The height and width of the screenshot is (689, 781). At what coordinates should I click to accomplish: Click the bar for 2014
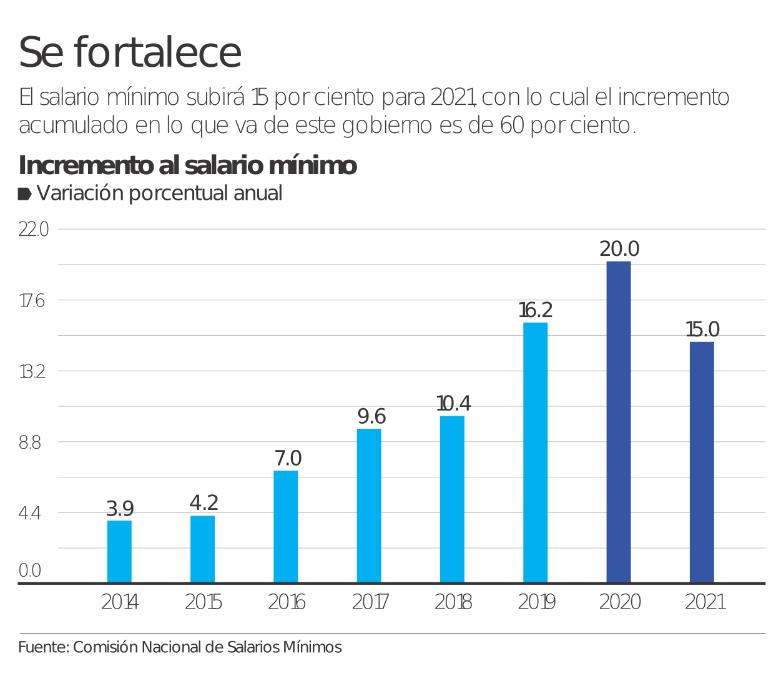point(119,552)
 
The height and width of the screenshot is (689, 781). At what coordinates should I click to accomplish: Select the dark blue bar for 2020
point(619,422)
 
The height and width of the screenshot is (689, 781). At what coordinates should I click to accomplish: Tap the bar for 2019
point(536,452)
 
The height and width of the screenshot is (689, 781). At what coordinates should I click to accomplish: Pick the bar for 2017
point(369,506)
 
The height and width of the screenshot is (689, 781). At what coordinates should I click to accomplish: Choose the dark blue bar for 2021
point(702,462)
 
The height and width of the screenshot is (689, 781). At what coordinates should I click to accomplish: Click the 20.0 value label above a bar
point(619,249)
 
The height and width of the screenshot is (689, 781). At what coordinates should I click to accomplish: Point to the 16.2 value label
point(536,310)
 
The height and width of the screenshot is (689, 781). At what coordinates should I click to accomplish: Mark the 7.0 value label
point(288,459)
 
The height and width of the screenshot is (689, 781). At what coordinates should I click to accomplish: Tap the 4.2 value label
point(204,503)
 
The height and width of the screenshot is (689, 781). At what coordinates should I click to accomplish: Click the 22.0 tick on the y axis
point(34,230)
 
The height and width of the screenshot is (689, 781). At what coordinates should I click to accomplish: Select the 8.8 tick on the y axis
point(30,442)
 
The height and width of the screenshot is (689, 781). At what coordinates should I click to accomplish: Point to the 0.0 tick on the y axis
point(30,570)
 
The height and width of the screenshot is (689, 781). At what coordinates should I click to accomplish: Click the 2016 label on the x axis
point(287,602)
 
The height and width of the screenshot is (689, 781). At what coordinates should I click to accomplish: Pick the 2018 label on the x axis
point(453,602)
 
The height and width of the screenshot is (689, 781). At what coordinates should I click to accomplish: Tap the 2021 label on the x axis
point(705,602)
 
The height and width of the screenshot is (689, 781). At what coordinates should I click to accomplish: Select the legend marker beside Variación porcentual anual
point(24,194)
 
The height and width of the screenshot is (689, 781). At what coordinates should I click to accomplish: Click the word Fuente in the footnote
point(42,647)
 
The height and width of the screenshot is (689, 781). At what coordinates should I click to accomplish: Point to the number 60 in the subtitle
point(513,125)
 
